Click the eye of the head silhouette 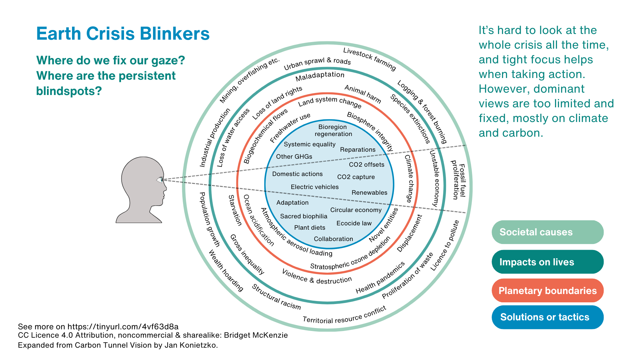click(160, 180)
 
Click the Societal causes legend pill click(547, 232)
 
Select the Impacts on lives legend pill click(547, 262)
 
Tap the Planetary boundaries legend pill click(547, 291)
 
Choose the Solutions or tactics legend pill click(547, 317)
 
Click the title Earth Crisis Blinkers click(123, 34)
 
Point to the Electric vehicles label click(315, 187)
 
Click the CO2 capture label click(356, 177)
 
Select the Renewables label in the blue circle click(369, 193)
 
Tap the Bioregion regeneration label click(333, 130)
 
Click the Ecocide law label click(354, 223)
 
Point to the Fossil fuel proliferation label click(459, 180)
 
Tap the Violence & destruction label click(316, 277)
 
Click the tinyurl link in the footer click(123, 326)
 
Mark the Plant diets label click(310, 228)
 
